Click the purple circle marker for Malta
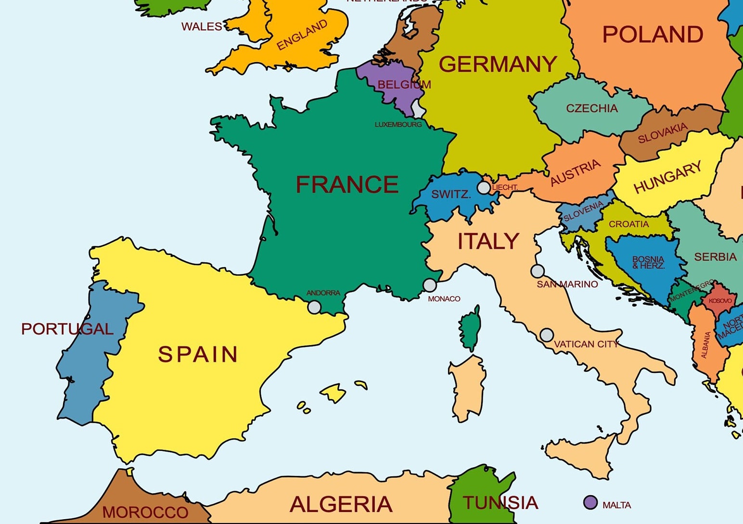[x=590, y=502]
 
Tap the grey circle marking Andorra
[x=314, y=307]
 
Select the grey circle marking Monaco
[x=430, y=285]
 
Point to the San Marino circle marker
[x=538, y=271]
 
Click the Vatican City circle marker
[x=547, y=334]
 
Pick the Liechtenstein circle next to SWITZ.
[x=484, y=188]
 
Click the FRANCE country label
[x=347, y=184]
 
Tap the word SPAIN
[x=198, y=355]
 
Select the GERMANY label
[x=498, y=64]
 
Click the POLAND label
[x=653, y=35]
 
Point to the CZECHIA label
[x=591, y=108]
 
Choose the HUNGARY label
[x=667, y=178]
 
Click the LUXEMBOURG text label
[x=398, y=125]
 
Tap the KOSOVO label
[x=720, y=301]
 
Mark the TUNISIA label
[x=500, y=503]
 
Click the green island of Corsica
[x=470, y=330]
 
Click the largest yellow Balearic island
[x=333, y=393]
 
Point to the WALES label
[x=202, y=26]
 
